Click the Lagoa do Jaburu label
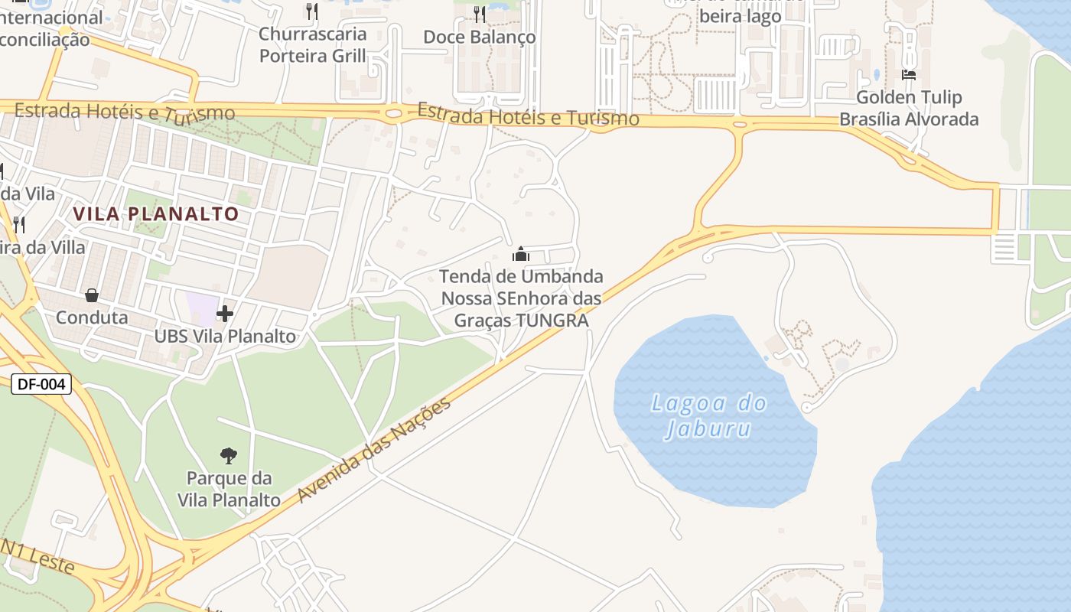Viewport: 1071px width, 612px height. click(x=708, y=415)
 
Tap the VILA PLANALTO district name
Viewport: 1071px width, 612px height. click(x=156, y=213)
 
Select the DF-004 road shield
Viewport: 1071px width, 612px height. click(x=41, y=384)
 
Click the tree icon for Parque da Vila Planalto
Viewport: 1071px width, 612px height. click(x=228, y=456)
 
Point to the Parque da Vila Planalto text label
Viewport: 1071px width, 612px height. click(x=229, y=490)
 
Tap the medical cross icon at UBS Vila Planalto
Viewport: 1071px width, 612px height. click(x=224, y=314)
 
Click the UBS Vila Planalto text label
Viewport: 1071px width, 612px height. click(x=225, y=337)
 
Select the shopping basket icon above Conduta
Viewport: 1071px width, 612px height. click(x=92, y=295)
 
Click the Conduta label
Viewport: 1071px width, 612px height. click(x=92, y=317)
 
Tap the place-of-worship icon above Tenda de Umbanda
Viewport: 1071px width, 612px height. click(x=520, y=254)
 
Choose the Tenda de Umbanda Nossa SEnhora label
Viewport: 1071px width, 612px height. click(x=521, y=298)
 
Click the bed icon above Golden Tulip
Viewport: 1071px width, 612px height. click(x=909, y=75)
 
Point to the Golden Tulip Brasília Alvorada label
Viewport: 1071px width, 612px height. click(x=909, y=109)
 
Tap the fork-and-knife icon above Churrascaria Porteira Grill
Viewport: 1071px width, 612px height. click(x=311, y=11)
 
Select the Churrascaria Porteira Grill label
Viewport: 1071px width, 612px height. click(x=312, y=45)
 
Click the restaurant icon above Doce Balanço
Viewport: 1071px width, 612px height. click(x=479, y=14)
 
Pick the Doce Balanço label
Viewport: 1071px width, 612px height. click(x=479, y=37)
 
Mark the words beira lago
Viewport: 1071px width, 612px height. click(x=741, y=17)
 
